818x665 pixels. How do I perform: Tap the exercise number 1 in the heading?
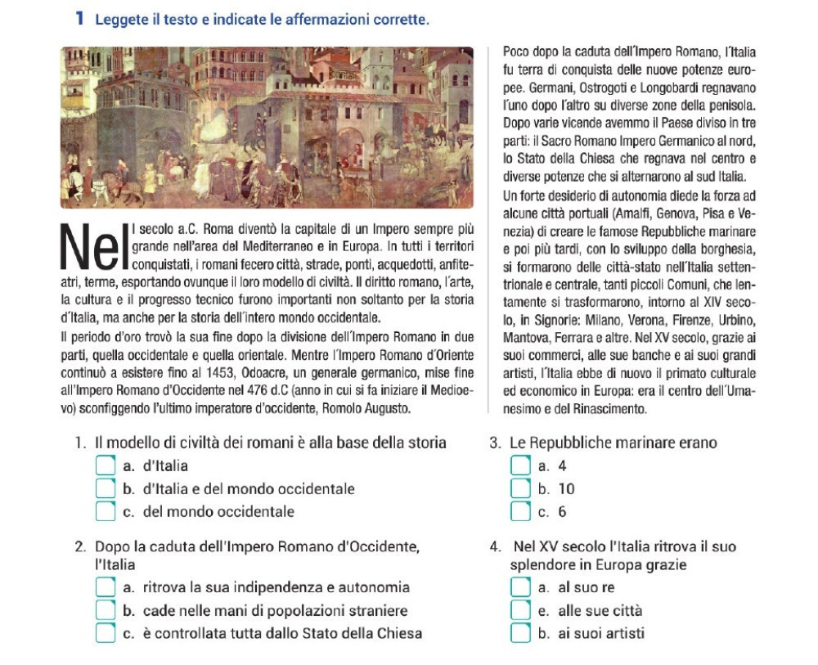tap(80, 18)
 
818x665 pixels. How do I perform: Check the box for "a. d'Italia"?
tap(105, 466)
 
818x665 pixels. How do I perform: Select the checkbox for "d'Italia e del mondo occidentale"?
tap(105, 489)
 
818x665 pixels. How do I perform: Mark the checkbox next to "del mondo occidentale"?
tap(105, 512)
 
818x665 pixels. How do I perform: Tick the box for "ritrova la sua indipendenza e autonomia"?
tap(105, 587)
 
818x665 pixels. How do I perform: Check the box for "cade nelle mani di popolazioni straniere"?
tap(105, 610)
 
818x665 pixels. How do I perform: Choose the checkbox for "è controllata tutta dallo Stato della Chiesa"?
tap(105, 633)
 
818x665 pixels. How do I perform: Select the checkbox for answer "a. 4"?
tap(520, 466)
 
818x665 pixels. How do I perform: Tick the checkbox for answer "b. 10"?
tap(520, 489)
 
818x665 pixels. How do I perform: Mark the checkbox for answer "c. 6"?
tap(520, 512)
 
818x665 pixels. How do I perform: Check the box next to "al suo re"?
tap(520, 587)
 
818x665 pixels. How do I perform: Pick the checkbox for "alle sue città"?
tap(520, 610)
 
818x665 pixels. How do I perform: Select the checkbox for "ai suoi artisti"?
tap(520, 633)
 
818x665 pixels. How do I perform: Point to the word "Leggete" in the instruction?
tap(120, 18)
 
